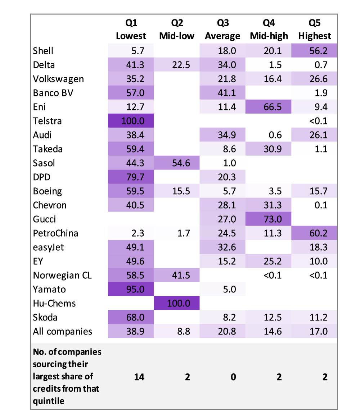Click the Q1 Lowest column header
[x=131, y=29]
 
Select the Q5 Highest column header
[x=314, y=29]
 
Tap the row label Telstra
[x=47, y=121]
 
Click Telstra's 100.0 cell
[x=131, y=121]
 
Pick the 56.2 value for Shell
[x=314, y=51]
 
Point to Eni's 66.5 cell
[x=269, y=107]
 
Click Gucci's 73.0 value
[x=269, y=219]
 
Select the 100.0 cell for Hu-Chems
[x=177, y=303]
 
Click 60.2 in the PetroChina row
[x=314, y=233]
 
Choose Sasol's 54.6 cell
[x=177, y=163]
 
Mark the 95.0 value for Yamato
[x=131, y=289]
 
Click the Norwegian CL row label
[x=62, y=275]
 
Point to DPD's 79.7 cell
[x=131, y=177]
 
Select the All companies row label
[x=62, y=331]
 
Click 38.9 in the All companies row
[x=131, y=331]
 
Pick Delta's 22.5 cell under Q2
[x=177, y=65]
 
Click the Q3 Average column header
[x=222, y=29]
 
